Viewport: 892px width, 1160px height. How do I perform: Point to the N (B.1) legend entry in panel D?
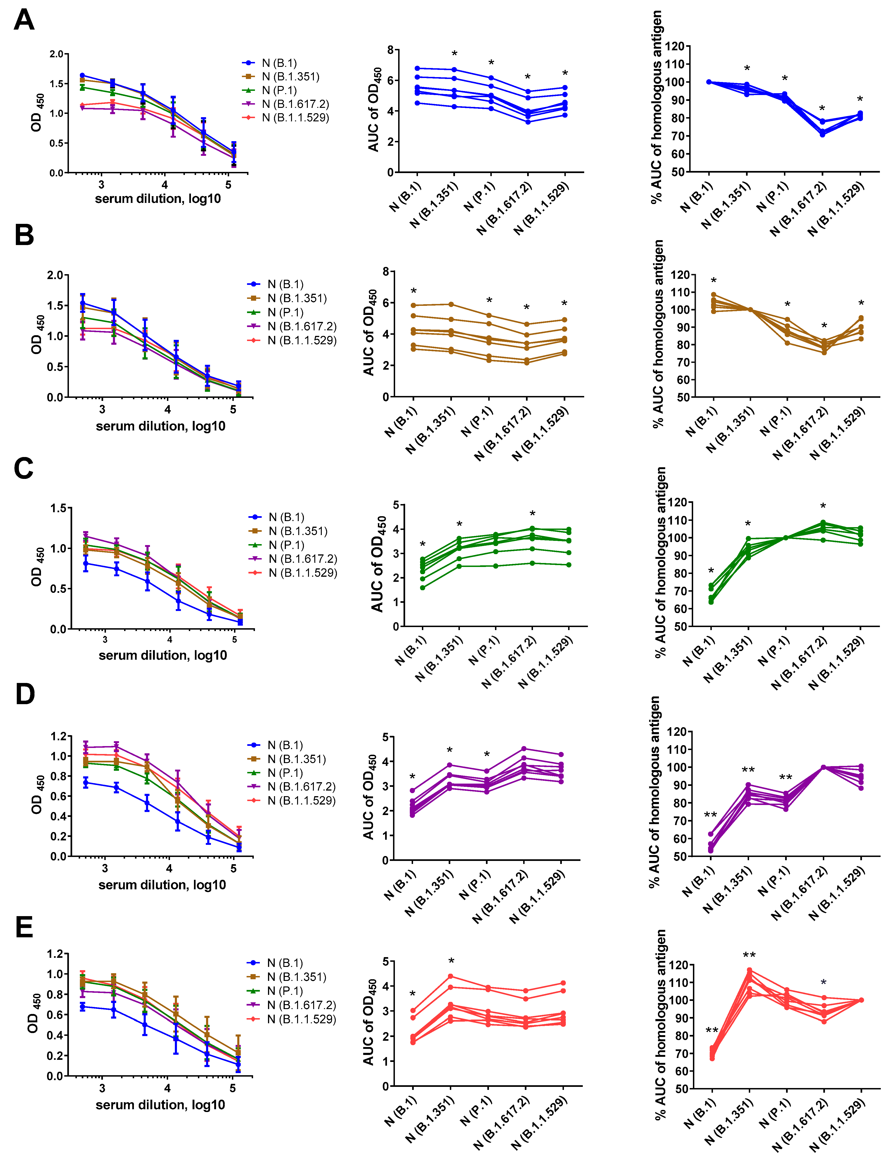click(x=285, y=745)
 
